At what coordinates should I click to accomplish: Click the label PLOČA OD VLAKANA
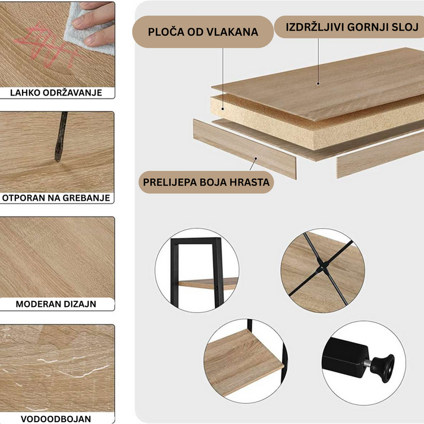[x=203, y=32]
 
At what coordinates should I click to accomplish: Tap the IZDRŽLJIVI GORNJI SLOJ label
[x=352, y=27]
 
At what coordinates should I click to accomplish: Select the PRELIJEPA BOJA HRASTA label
[x=206, y=182]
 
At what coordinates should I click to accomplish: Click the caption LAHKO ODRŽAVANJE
[x=56, y=93]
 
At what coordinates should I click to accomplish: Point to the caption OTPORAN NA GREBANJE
[x=56, y=198]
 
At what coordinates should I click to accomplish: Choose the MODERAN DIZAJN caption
[x=56, y=304]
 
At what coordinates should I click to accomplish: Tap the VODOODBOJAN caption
[x=56, y=419]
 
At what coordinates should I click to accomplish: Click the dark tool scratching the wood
[x=61, y=137]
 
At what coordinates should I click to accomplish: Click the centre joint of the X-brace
[x=322, y=269]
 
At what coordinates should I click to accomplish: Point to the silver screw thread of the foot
[x=368, y=363]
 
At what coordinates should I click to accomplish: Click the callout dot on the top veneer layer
[x=318, y=84]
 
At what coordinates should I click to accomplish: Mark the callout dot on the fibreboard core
[x=223, y=109]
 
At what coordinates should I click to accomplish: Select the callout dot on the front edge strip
[x=256, y=159]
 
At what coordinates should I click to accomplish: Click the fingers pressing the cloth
[x=94, y=23]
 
